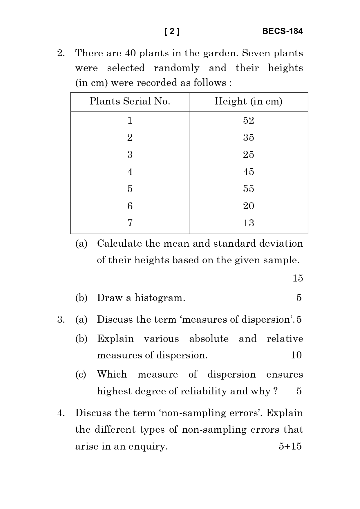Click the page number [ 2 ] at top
pos(172,31)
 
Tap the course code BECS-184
pos(282,31)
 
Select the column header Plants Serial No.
pos(130,101)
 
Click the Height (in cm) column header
pos(248,101)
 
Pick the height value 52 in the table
pos(249,120)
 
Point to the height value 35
pos(249,138)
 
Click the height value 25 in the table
pos(249,155)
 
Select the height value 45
pos(249,172)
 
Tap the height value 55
pos(249,189)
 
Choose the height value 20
pos(249,206)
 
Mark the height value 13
pos(249,223)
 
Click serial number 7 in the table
pos(130,223)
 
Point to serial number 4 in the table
pos(130,172)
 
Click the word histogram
pos(160,298)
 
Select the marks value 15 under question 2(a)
pos(298,278)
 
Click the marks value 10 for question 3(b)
pos(296,355)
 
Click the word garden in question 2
pos(220,53)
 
